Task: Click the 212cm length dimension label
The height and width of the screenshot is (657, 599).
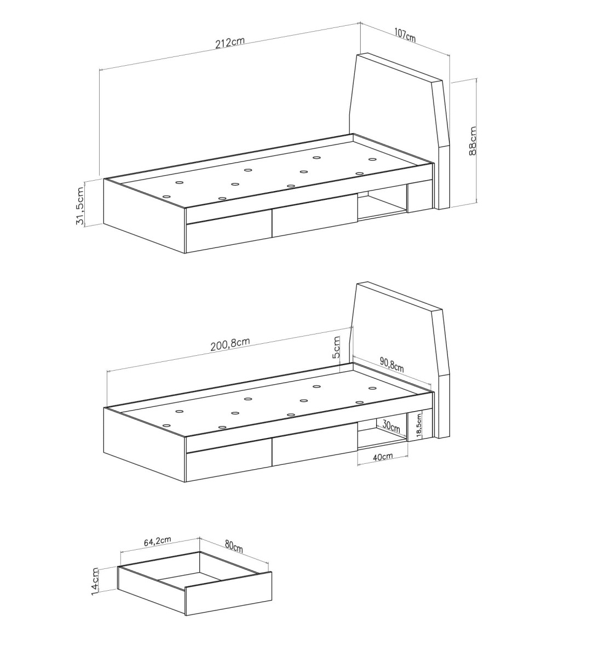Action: pos(230,43)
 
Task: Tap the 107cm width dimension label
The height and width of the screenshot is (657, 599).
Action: pos(405,35)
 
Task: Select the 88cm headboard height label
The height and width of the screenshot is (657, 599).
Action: pos(473,141)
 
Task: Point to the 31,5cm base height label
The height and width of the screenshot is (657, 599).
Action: pos(80,206)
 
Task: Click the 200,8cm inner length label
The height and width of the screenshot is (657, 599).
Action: pos(230,344)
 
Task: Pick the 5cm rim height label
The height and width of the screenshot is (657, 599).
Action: pos(336,347)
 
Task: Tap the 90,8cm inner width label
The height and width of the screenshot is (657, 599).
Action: pos(392,365)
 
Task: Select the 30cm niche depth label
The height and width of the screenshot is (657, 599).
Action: pos(391,427)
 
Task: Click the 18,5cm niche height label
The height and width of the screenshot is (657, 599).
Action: pos(418,425)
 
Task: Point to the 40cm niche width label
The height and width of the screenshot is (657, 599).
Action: pos(382,457)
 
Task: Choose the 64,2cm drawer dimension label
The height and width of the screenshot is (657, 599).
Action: pos(158,541)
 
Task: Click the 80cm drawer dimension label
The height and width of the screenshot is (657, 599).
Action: pos(234,546)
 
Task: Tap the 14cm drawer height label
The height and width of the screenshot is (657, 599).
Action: pos(95,581)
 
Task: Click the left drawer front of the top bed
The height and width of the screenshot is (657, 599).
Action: pos(229,238)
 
